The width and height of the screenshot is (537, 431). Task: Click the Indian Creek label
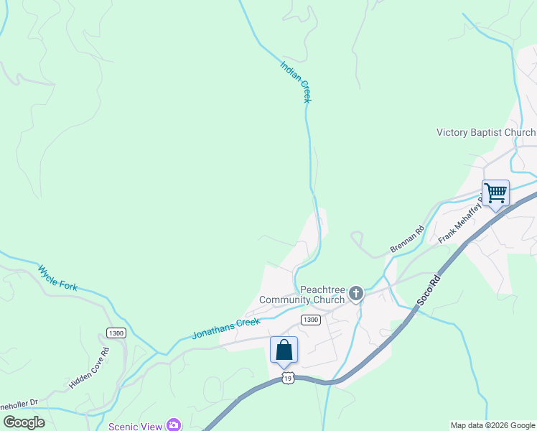point(296,82)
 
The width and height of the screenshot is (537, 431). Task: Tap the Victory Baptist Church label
point(486,132)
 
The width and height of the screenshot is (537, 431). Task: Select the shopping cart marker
point(495,193)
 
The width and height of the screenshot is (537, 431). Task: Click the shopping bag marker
point(284,350)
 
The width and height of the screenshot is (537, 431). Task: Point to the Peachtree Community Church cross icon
point(355,293)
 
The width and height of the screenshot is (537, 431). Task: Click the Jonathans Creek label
point(225,328)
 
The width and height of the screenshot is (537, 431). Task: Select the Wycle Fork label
point(57,277)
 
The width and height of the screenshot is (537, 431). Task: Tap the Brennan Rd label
point(407,239)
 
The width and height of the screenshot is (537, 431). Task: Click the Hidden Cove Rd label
point(88,369)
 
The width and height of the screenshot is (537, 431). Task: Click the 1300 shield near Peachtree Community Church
point(310,320)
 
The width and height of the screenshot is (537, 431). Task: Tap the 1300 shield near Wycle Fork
point(116,333)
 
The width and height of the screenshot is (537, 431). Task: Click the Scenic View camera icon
point(174,425)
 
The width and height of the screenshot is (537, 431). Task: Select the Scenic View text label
point(136,426)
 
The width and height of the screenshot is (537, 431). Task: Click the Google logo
point(24,422)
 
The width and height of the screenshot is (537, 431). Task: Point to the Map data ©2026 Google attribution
point(492,425)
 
